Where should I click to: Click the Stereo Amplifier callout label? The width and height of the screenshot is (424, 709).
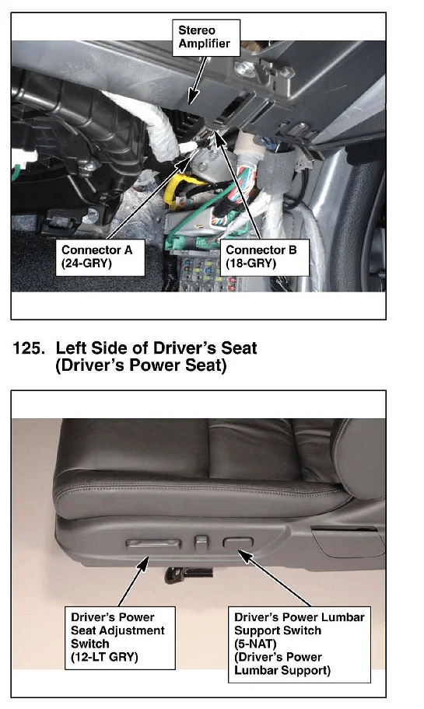coord(206,37)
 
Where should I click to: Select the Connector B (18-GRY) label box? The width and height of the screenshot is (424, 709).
coord(264,257)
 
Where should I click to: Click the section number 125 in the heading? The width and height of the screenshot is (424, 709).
coord(29,348)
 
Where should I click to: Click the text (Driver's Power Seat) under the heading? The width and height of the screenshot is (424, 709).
coord(141,365)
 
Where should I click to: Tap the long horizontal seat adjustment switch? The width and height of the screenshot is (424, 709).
coord(153,544)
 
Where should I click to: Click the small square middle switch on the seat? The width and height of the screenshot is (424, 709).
coord(201,542)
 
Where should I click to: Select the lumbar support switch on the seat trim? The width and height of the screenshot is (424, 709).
coord(237,543)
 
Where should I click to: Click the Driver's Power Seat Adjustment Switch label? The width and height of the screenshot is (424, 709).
coord(120,637)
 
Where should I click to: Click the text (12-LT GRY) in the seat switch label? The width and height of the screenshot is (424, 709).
coord(104,657)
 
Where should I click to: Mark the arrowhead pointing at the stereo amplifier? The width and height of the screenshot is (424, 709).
coord(193,96)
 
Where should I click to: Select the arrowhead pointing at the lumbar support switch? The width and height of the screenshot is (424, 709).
coord(245,557)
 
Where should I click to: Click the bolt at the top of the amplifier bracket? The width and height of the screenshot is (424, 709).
coord(242,68)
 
